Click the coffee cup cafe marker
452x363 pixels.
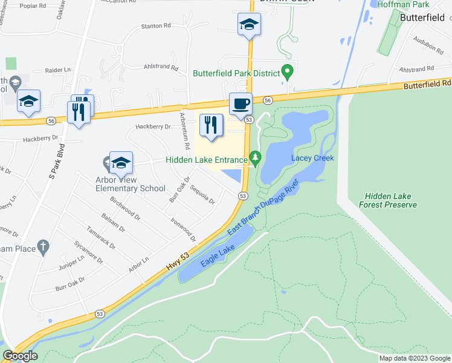[241, 103]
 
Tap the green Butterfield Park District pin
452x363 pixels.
[288, 72]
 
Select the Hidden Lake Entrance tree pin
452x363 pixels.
[255, 159]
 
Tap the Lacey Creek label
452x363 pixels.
[312, 158]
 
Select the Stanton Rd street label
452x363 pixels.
[156, 27]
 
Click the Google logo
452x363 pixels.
[20, 356]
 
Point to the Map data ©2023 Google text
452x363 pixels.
[414, 358]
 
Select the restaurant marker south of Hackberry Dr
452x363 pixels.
[211, 125]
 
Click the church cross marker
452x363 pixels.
[42, 246]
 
